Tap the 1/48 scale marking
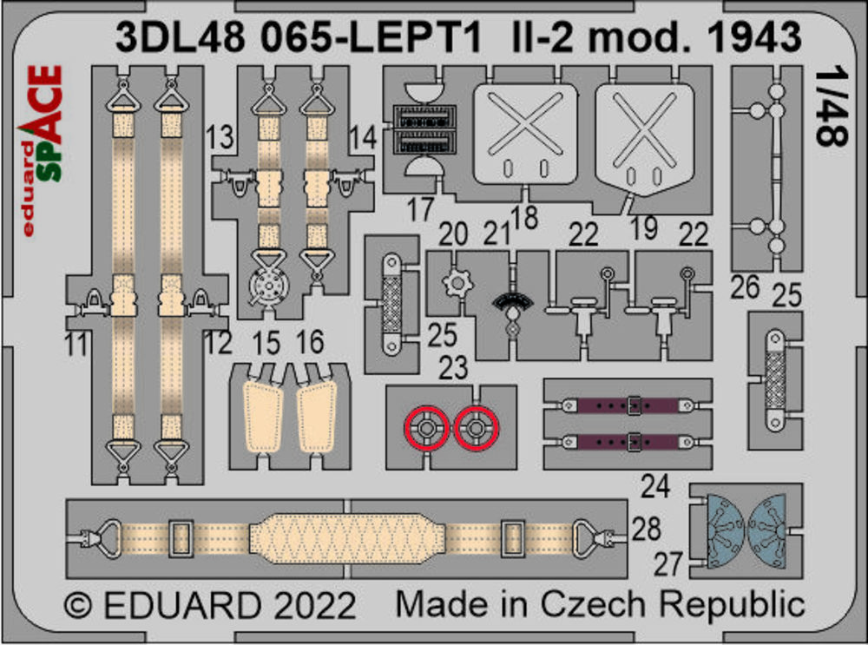tap(832, 107)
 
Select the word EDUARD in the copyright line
tap(181, 605)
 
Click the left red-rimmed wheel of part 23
tap(426, 428)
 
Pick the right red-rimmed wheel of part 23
tap(476, 428)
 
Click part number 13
tap(220, 137)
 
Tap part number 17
tap(420, 210)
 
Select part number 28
tap(646, 529)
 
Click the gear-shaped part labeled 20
tap(457, 283)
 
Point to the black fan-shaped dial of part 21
tap(513, 303)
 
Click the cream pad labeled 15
tap(264, 417)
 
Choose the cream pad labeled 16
tap(317, 417)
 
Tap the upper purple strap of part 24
tap(627, 405)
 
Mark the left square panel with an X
tap(524, 134)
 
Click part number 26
tap(745, 287)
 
